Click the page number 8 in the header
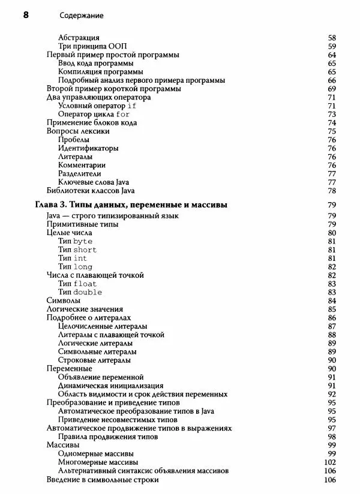[25, 14]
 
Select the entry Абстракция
[79, 38]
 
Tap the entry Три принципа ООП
[92, 46]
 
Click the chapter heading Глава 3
[131, 205]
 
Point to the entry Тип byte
[75, 241]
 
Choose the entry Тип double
[80, 292]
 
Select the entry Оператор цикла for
[94, 114]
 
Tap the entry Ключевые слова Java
[93, 182]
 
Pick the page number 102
[329, 462]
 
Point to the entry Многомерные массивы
[97, 462]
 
